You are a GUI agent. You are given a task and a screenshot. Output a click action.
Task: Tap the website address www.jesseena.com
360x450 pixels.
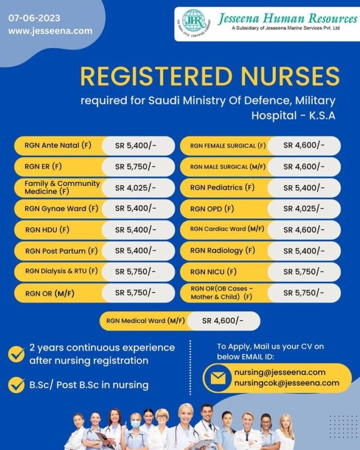point(50,31)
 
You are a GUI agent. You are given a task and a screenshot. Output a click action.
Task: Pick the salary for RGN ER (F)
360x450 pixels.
point(136,166)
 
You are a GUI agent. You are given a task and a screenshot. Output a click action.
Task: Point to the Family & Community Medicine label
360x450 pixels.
point(62,187)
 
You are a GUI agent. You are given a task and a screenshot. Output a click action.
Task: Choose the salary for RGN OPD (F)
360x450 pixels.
point(304,209)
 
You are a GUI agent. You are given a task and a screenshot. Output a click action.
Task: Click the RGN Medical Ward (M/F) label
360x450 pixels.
point(142,321)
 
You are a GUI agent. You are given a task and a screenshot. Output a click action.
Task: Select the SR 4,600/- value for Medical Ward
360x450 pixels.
point(223,321)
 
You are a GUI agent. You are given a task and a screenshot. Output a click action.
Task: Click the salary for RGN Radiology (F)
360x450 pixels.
point(304,250)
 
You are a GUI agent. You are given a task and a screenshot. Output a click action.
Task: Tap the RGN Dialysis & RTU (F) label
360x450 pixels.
point(61,271)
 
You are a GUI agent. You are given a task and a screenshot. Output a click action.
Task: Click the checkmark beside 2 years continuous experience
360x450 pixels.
point(16,353)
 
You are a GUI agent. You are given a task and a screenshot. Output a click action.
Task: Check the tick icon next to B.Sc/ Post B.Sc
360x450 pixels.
point(16,385)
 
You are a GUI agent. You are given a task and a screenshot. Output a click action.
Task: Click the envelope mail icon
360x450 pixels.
point(217,377)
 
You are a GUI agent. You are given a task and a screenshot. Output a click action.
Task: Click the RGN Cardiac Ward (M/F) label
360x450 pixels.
point(227,229)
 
